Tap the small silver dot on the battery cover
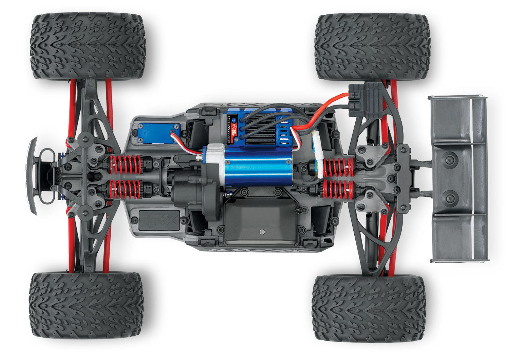262,232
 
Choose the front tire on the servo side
88,46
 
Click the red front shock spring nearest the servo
125,165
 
